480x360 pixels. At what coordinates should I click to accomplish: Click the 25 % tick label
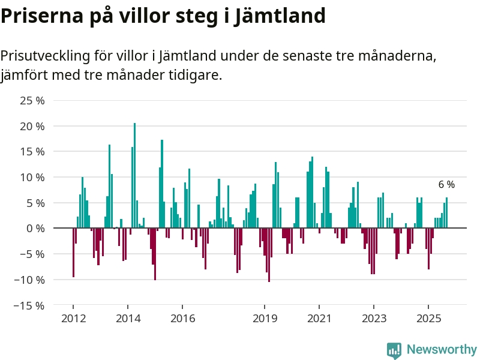pyautogui.click(x=32, y=101)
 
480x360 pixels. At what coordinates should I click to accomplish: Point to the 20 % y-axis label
pyautogui.click(x=32, y=127)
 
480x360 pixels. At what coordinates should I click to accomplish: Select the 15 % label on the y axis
pyautogui.click(x=32, y=152)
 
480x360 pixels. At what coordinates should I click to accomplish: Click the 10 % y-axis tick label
pyautogui.click(x=32, y=178)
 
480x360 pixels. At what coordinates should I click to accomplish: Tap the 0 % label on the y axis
pyautogui.click(x=35, y=229)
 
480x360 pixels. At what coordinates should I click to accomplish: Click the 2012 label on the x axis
pyautogui.click(x=73, y=318)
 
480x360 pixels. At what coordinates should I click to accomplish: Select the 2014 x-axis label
pyautogui.click(x=128, y=318)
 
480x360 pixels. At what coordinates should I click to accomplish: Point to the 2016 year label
pyautogui.click(x=182, y=318)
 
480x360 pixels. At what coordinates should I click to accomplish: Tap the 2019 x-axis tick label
pyautogui.click(x=265, y=318)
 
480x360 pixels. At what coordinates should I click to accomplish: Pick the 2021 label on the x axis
pyautogui.click(x=319, y=318)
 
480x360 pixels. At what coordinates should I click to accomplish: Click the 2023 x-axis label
pyautogui.click(x=374, y=318)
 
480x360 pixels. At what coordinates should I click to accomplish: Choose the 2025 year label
pyautogui.click(x=428, y=318)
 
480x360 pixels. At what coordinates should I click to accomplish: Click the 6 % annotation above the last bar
pyautogui.click(x=446, y=185)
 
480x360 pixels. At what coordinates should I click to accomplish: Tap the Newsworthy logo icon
pyautogui.click(x=394, y=350)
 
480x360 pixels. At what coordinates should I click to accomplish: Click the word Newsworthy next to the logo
pyautogui.click(x=442, y=349)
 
